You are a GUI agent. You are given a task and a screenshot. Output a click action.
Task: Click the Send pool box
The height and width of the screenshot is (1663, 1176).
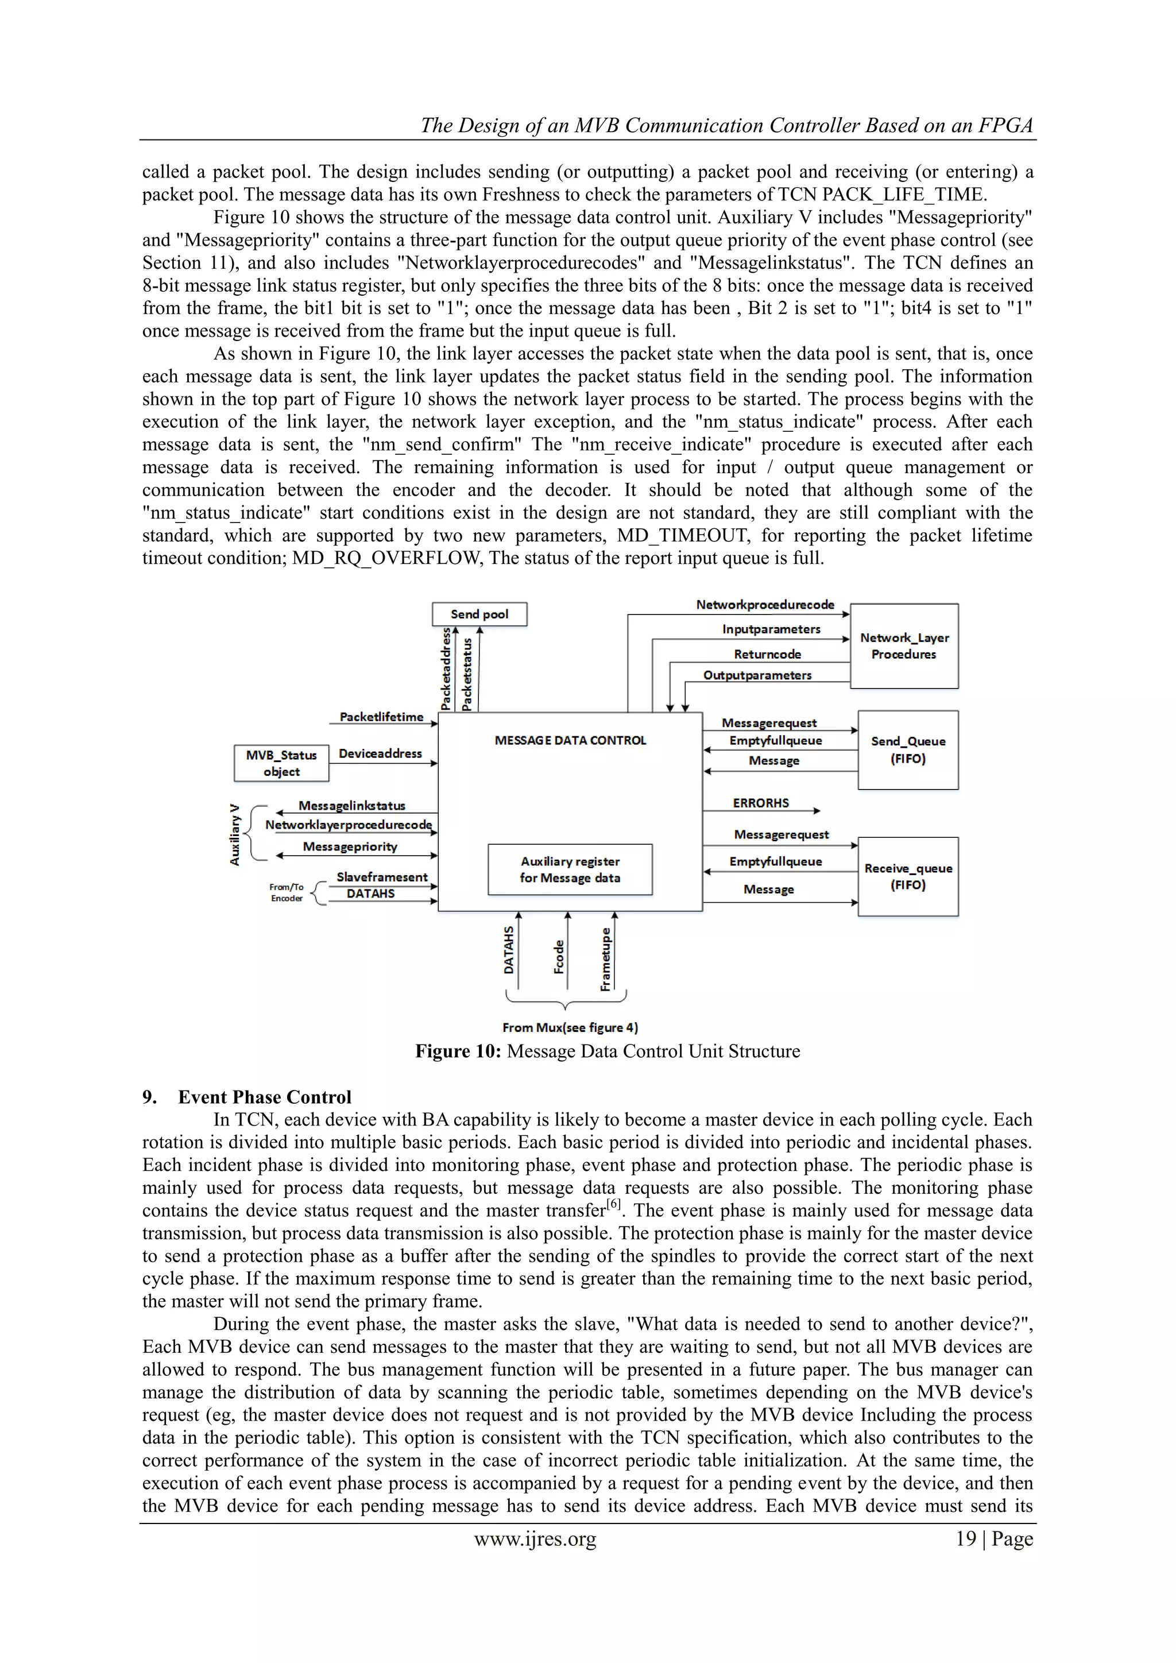click(x=479, y=614)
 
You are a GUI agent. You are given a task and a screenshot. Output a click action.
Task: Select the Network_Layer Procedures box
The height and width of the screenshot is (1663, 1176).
click(x=904, y=646)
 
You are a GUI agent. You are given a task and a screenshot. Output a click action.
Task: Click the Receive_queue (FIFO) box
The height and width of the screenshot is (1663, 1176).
click(x=908, y=876)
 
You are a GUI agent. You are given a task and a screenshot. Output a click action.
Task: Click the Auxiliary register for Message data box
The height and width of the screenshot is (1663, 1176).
click(x=570, y=869)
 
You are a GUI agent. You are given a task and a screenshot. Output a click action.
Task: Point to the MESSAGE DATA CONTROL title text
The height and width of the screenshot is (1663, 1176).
click(x=570, y=740)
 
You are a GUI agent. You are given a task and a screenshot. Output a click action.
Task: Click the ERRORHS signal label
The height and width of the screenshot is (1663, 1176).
click(x=760, y=803)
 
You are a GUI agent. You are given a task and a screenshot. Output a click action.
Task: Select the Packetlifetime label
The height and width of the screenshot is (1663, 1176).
click(x=382, y=717)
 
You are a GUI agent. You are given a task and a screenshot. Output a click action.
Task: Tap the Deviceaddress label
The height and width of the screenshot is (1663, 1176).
click(x=380, y=754)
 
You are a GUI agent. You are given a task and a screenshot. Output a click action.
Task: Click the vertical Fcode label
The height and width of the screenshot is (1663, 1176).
click(x=559, y=957)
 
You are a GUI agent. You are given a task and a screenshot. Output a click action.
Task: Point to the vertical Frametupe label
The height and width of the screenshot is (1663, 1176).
click(x=605, y=959)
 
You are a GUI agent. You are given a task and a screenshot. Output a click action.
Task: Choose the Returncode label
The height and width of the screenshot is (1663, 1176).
click(x=768, y=654)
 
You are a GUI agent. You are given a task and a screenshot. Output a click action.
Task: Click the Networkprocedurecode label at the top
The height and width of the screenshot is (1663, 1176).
click(x=765, y=605)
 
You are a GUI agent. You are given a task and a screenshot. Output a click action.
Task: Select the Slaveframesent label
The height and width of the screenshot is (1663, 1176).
click(x=382, y=877)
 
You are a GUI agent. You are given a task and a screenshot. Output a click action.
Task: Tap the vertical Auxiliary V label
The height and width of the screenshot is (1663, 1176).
click(x=235, y=834)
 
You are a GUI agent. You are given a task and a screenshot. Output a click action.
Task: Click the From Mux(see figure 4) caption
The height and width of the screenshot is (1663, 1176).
click(x=570, y=1027)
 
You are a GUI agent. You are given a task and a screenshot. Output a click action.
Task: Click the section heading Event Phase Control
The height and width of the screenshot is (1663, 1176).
click(x=264, y=1097)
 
